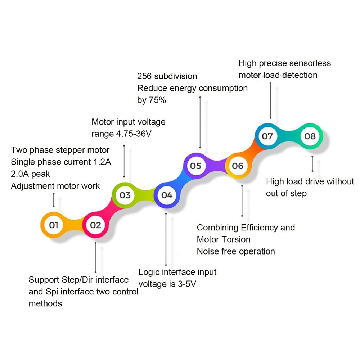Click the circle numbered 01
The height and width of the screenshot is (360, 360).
pyautogui.click(x=54, y=225)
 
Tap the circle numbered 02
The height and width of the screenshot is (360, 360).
pyautogui.click(x=95, y=225)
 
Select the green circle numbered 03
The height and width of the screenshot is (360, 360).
pyautogui.click(x=125, y=195)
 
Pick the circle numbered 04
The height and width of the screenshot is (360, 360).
pyautogui.click(x=167, y=195)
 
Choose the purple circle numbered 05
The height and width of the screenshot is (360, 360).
pyautogui.click(x=196, y=166)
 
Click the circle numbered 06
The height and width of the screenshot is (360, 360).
pyautogui.click(x=238, y=166)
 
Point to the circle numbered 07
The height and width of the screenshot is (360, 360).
pyautogui.click(x=267, y=136)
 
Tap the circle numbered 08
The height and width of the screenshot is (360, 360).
pyautogui.click(x=310, y=136)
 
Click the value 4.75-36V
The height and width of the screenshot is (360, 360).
pyautogui.click(x=134, y=134)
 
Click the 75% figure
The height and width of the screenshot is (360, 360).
pyautogui.click(x=157, y=100)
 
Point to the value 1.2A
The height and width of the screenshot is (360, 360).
pyautogui.click(x=101, y=162)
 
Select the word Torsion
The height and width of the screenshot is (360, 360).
pyautogui.click(x=234, y=239)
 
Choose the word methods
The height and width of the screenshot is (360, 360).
pyautogui.click(x=45, y=303)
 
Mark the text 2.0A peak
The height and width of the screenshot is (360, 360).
pyautogui.click(x=30, y=174)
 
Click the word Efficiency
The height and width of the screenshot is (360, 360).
pyautogui.click(x=259, y=228)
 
